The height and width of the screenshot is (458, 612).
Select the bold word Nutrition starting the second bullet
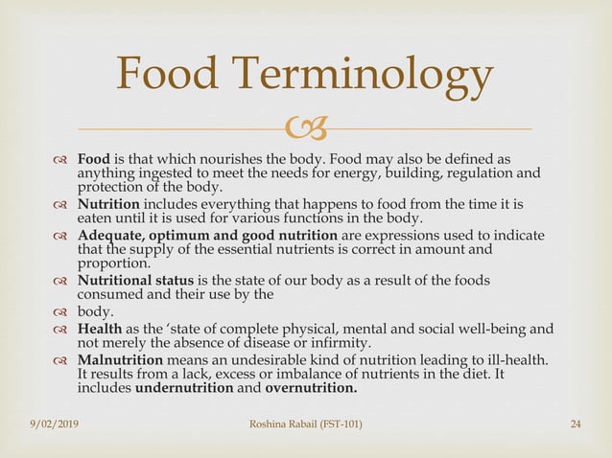coord(108,205)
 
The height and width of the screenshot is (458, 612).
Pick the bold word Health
coord(100,330)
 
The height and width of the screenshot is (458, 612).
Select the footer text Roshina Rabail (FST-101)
coord(305,424)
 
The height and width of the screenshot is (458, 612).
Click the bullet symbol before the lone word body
coord(61,312)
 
